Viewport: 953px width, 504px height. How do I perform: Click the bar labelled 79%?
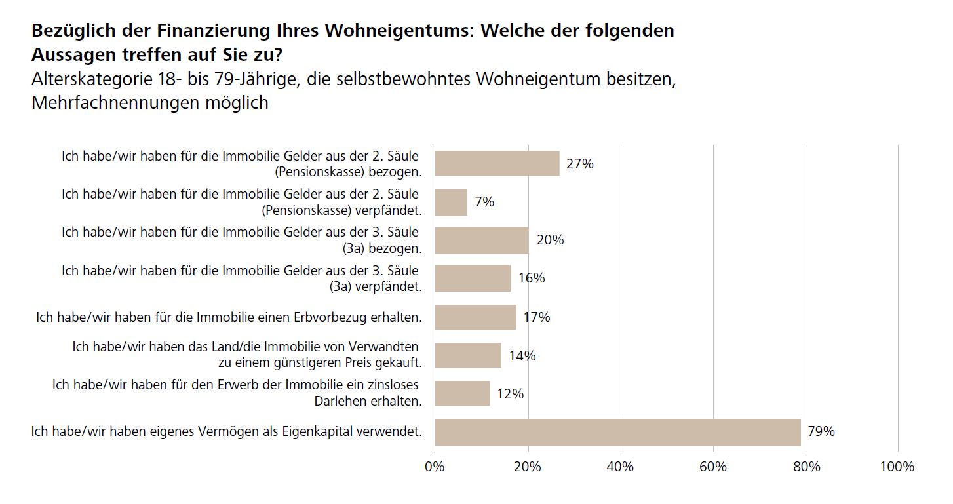click(617, 432)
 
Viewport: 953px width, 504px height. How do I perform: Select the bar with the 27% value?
click(497, 163)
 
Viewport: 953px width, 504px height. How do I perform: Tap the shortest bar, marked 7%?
click(451, 202)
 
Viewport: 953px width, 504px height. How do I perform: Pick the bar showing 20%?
click(481, 240)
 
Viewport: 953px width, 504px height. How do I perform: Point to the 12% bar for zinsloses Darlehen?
click(462, 394)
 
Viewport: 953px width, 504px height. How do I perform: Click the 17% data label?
click(536, 317)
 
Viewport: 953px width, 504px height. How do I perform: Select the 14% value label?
click(522, 356)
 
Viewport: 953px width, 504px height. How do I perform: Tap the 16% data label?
click(531, 278)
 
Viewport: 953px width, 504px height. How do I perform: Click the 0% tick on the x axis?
click(435, 467)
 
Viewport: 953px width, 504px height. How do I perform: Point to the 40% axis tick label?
click(620, 467)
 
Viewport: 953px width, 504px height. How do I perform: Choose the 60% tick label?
click(713, 467)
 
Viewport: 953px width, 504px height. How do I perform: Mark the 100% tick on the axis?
click(897, 467)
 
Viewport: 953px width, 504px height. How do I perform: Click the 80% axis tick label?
click(806, 467)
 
